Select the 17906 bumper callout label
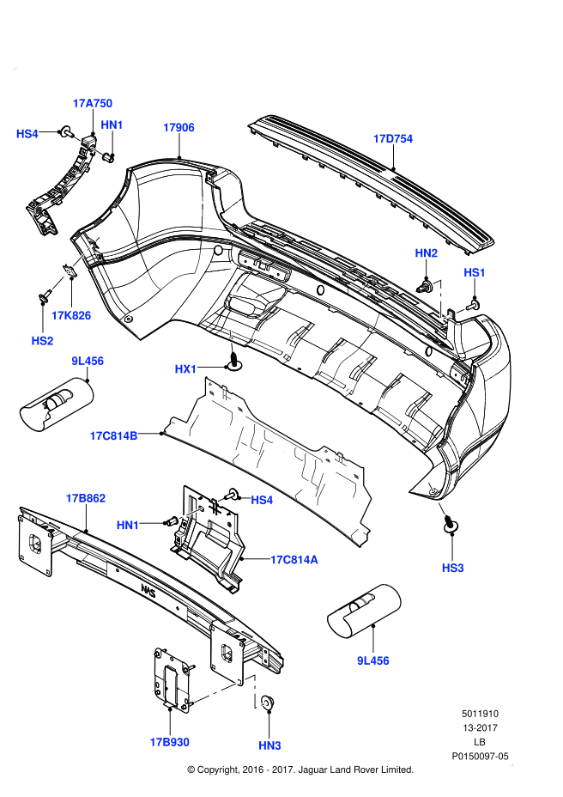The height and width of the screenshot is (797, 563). click(179, 127)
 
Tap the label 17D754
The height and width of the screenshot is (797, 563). click(392, 138)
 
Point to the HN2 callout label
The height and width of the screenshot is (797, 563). click(426, 252)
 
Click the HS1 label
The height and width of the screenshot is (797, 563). click(475, 272)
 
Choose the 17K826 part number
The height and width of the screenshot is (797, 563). click(70, 315)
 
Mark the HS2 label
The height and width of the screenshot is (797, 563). click(43, 341)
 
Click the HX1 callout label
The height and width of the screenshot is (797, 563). click(186, 369)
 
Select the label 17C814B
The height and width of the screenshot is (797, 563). click(113, 435)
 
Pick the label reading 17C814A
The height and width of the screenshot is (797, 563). click(294, 559)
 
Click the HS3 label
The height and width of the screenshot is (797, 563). click(452, 568)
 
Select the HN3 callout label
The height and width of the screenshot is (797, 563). click(269, 745)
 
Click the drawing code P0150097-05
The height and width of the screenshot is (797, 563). click(481, 757)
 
